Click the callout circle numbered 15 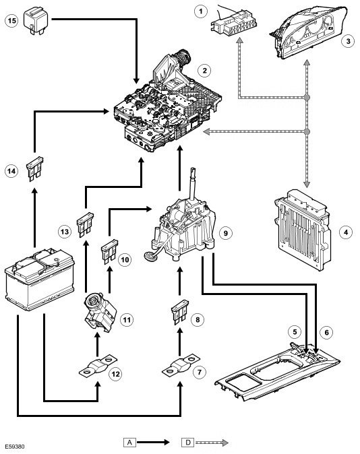click(x=12, y=21)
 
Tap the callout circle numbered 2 click(x=205, y=71)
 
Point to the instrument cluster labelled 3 click(x=308, y=32)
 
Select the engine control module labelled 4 click(x=302, y=230)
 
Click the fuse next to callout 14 click(x=35, y=169)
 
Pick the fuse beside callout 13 click(x=85, y=225)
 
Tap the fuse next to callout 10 click(x=109, y=252)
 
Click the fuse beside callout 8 click(x=180, y=313)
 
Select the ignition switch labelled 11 click(x=100, y=312)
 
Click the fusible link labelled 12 click(x=98, y=366)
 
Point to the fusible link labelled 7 click(x=181, y=365)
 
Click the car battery click(x=40, y=279)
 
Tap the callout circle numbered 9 click(x=226, y=233)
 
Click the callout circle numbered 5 click(x=295, y=331)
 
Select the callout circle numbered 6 click(x=327, y=332)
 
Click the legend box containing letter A click(x=129, y=443)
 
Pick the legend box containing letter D click(x=188, y=443)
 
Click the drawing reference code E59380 click(x=15, y=447)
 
